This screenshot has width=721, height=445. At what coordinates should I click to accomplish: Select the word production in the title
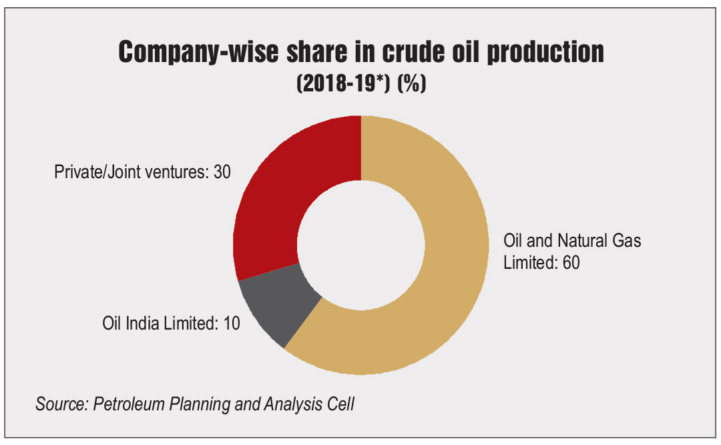(x=545, y=52)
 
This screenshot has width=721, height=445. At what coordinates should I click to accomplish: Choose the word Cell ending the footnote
(x=340, y=404)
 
